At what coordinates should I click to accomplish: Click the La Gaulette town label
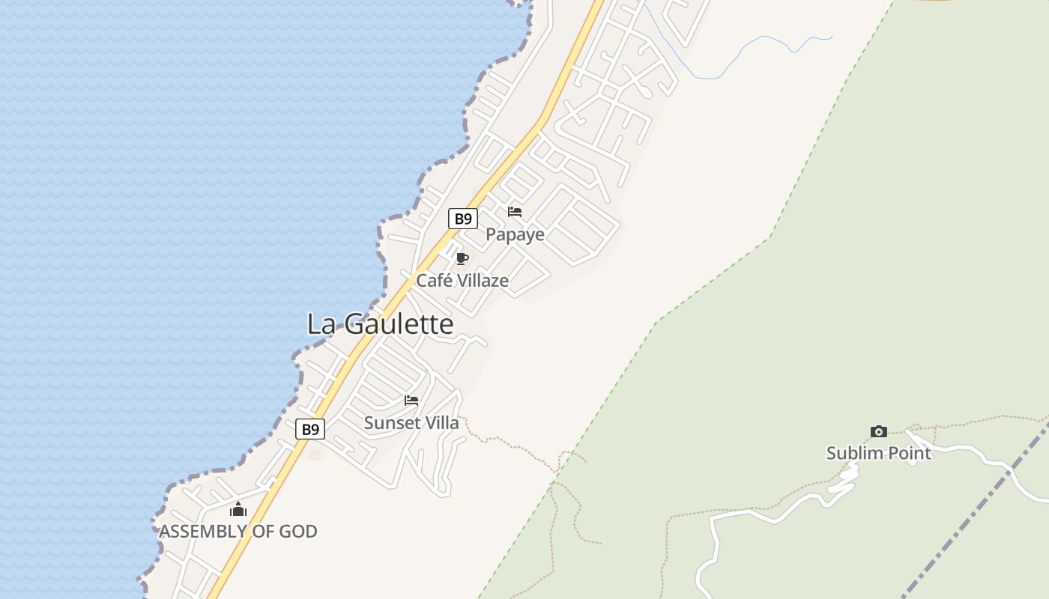380,324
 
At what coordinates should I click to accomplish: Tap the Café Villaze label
462,281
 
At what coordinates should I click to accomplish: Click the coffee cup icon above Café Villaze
462,259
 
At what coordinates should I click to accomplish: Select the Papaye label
515,234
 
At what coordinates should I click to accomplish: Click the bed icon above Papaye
515,212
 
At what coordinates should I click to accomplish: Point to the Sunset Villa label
411,423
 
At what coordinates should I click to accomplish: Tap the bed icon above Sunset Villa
411,401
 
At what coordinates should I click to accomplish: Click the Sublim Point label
878,453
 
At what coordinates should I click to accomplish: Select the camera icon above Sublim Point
879,431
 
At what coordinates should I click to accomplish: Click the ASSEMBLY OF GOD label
238,532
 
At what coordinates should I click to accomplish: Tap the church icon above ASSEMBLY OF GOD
238,510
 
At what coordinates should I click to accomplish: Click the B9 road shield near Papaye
463,219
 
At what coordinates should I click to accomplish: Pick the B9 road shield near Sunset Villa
310,429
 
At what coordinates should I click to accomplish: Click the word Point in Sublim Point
906,453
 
